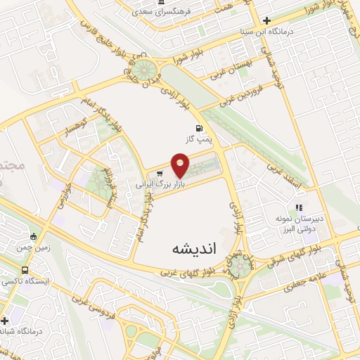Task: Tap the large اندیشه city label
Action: tap(195, 249)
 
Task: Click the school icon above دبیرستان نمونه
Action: tap(299, 207)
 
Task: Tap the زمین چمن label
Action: tap(33, 247)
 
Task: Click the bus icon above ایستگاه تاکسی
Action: tap(25, 270)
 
